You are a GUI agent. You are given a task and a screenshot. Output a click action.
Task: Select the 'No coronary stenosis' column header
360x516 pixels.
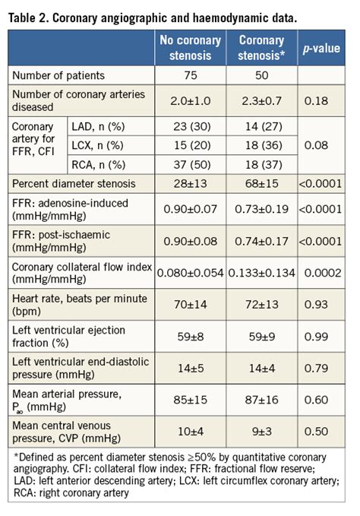tap(190, 48)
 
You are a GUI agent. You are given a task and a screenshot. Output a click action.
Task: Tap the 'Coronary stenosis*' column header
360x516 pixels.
tap(261, 48)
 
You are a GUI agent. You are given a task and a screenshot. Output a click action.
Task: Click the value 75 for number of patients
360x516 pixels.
tap(190, 76)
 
